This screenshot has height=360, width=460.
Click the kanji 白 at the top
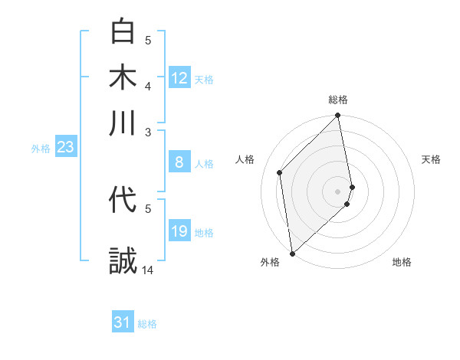pyautogui.click(x=123, y=32)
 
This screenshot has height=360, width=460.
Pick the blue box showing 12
pyautogui.click(x=179, y=78)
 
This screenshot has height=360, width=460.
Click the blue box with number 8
pyautogui.click(x=179, y=162)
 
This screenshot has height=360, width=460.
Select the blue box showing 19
pyautogui.click(x=179, y=231)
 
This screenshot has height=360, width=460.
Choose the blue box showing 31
pyautogui.click(x=123, y=323)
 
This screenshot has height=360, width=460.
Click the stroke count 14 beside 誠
pyautogui.click(x=148, y=270)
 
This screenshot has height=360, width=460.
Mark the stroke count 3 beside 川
pyautogui.click(x=148, y=131)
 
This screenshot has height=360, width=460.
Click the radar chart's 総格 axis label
pyautogui.click(x=338, y=100)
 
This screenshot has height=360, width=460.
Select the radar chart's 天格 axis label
pyautogui.click(x=431, y=159)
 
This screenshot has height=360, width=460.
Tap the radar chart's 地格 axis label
pyautogui.click(x=402, y=262)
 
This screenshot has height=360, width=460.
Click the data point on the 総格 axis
pyautogui.click(x=338, y=116)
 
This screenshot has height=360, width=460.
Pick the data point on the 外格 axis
pyautogui.click(x=291, y=254)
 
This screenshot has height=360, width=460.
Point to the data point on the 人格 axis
pyautogui.click(x=280, y=172)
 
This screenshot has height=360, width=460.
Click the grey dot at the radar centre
pyautogui.click(x=338, y=191)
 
